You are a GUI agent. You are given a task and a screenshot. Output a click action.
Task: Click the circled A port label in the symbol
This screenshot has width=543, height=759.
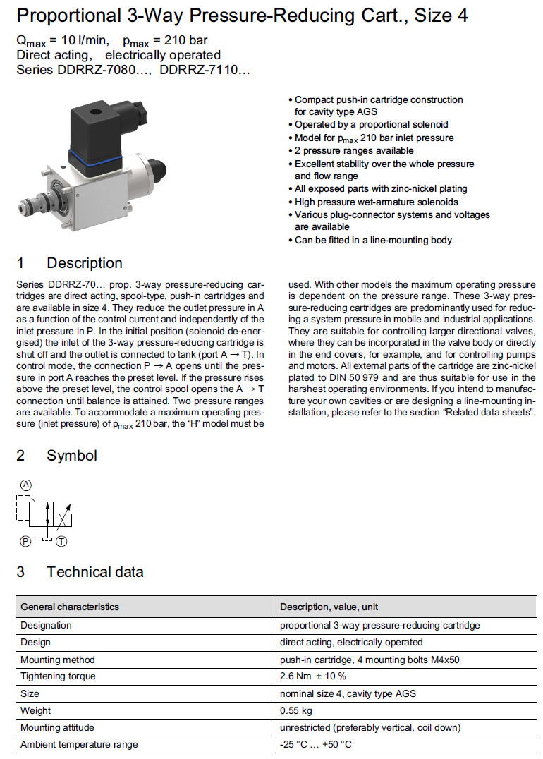click(26, 485)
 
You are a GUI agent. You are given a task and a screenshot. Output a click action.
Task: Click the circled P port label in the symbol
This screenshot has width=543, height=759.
click(26, 541)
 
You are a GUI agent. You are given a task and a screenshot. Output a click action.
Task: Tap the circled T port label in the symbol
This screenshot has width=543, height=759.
click(61, 541)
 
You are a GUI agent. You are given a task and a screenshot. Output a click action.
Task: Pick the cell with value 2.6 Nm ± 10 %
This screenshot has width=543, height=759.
click(313, 676)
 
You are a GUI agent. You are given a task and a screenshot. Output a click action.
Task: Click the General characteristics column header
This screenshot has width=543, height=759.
click(70, 607)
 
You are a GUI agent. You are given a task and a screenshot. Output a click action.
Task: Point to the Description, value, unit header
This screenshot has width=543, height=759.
click(329, 607)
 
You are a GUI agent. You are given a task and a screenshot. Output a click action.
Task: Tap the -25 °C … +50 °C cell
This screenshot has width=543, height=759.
click(316, 744)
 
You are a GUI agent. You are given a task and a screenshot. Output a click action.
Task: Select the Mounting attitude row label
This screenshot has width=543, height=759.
click(57, 727)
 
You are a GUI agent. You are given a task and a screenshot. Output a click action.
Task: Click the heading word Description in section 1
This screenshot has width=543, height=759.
click(85, 263)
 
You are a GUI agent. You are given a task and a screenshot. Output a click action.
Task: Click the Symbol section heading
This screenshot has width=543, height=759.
click(72, 456)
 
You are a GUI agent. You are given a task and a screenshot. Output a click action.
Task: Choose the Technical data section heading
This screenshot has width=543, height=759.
click(95, 571)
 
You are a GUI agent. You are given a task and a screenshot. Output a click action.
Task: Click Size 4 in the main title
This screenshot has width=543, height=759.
click(441, 16)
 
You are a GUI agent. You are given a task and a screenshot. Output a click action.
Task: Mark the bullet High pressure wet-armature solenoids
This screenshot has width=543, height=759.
click(376, 202)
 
